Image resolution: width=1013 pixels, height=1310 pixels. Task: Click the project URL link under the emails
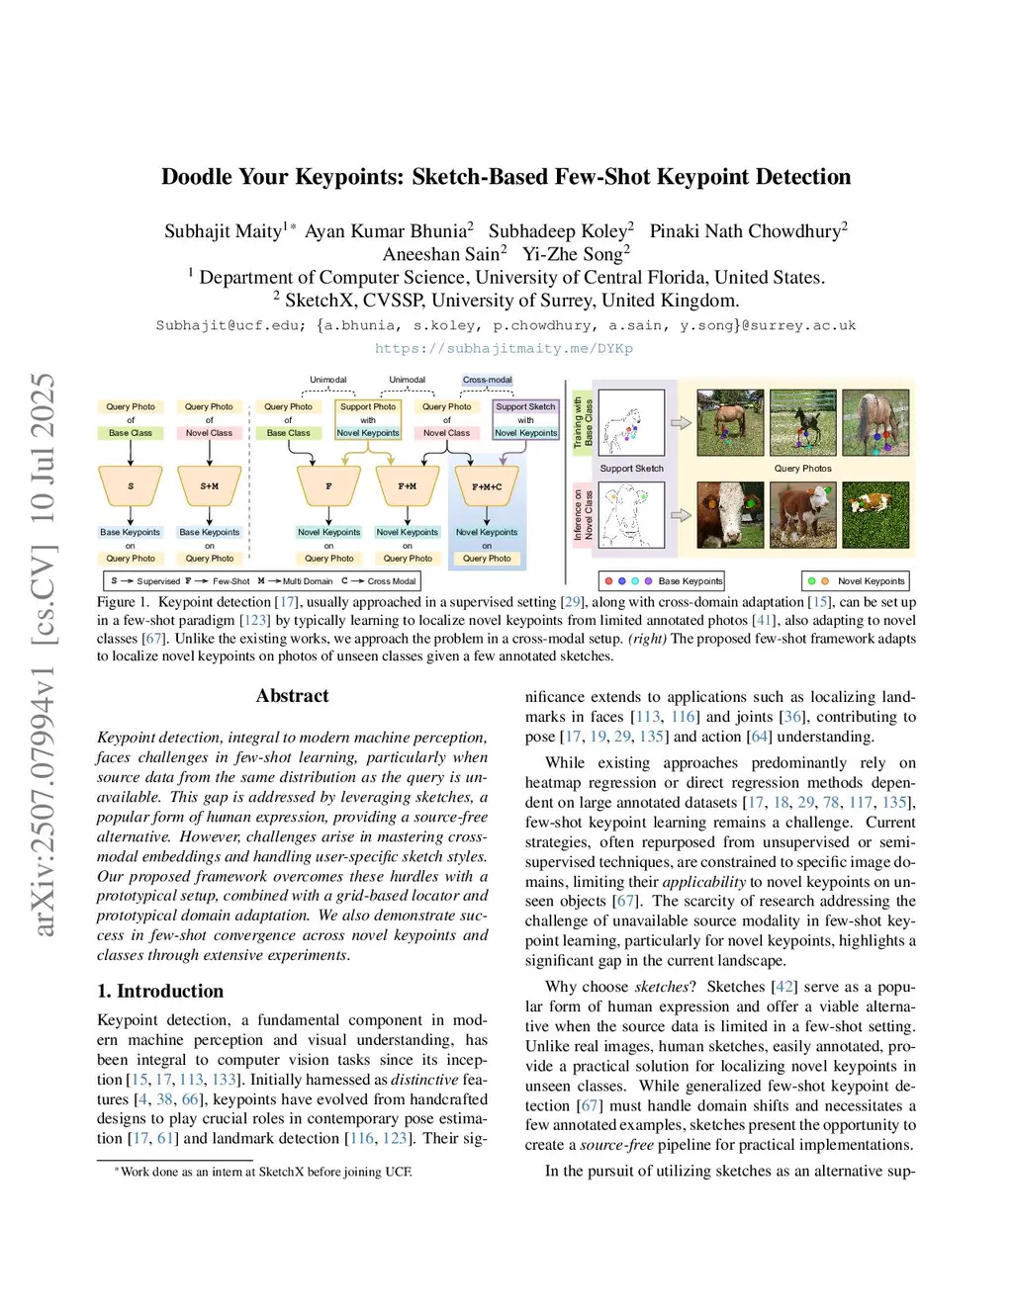tap(504, 348)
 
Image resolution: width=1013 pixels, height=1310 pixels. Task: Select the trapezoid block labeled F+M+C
tap(487, 486)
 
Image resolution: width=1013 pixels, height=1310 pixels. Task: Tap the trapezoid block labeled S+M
tap(210, 486)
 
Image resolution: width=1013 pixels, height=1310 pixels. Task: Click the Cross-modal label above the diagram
tap(487, 380)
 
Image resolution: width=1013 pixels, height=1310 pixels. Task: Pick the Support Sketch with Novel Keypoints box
tap(525, 419)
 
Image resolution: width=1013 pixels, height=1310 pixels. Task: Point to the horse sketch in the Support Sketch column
tap(631, 423)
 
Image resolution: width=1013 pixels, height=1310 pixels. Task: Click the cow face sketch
tap(631, 514)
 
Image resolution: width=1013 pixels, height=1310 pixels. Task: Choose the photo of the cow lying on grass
tap(875, 514)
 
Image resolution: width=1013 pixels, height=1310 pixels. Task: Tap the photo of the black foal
tap(802, 422)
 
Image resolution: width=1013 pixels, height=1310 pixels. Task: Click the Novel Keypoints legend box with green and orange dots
tap(856, 581)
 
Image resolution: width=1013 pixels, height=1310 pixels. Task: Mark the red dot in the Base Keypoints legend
tap(608, 581)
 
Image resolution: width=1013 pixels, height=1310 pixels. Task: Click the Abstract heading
tap(292, 696)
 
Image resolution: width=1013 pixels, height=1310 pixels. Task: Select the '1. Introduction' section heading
tap(160, 991)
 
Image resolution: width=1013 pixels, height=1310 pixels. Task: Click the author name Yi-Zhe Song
tap(576, 254)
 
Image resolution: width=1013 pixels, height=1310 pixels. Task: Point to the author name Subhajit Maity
tap(224, 231)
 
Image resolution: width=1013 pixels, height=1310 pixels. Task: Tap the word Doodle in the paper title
tap(198, 177)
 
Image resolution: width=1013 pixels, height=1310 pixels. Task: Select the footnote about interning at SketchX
tap(263, 1172)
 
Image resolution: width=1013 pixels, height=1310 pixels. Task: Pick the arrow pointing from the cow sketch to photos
tap(681, 515)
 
